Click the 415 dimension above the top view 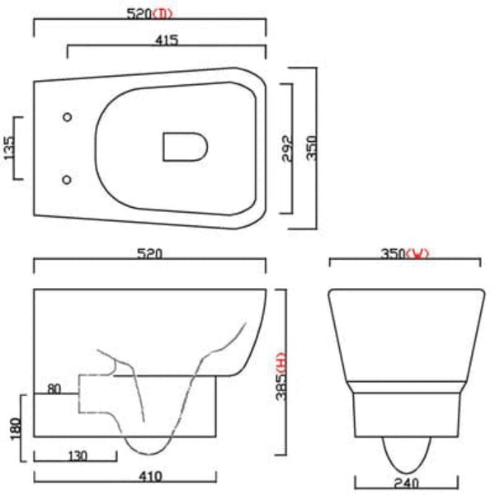[x=166, y=40]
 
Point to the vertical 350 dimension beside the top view [x=311, y=148]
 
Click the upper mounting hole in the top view [x=67, y=117]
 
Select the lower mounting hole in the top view [x=67, y=179]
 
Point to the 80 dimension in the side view [x=54, y=387]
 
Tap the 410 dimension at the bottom [x=150, y=476]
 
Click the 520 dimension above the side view [x=148, y=254]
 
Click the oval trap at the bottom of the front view [x=405, y=455]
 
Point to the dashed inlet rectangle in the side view [x=95, y=393]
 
